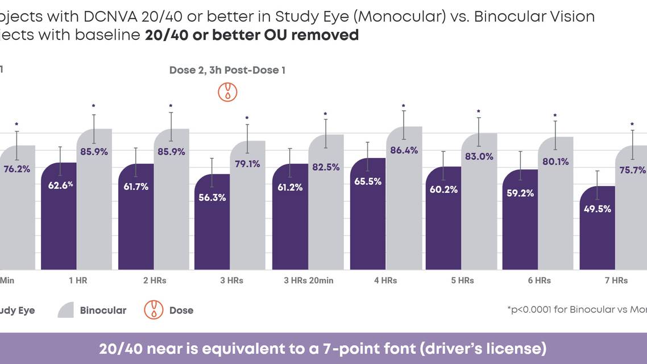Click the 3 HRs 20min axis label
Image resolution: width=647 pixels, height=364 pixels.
(x=308, y=280)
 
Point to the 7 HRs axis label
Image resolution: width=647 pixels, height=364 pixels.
(x=616, y=280)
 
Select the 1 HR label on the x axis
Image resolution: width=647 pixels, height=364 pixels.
(x=77, y=280)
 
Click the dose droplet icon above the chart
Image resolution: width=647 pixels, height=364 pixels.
(x=228, y=92)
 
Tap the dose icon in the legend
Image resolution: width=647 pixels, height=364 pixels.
(x=154, y=310)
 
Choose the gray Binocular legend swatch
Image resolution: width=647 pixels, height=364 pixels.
(x=66, y=310)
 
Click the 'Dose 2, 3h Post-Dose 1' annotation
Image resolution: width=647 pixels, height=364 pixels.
(x=227, y=71)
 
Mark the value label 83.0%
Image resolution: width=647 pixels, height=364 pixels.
(x=479, y=156)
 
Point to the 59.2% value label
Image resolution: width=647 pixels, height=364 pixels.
(x=520, y=193)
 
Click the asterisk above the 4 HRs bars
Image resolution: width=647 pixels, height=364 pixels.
(x=403, y=106)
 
